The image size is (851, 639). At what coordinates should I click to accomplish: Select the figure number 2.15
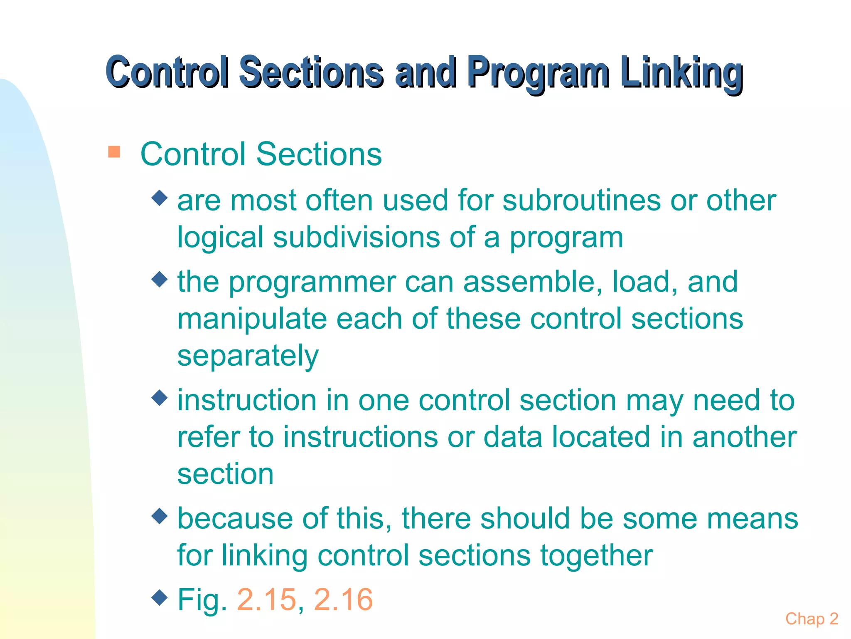[266, 599]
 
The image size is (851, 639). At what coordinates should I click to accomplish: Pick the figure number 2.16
[343, 599]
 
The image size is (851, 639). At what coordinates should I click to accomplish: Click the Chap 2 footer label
[812, 619]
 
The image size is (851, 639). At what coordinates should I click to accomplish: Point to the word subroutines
[581, 200]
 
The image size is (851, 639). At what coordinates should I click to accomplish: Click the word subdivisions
[356, 237]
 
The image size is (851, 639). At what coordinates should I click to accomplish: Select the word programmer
[312, 282]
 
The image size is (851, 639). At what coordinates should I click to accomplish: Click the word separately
[248, 356]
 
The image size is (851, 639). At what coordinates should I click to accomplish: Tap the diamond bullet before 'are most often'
[160, 198]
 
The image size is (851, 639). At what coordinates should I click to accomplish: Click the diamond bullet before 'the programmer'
[160, 279]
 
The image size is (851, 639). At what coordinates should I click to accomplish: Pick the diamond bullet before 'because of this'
[160, 516]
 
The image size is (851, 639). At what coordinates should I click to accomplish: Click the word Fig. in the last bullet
[202, 599]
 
